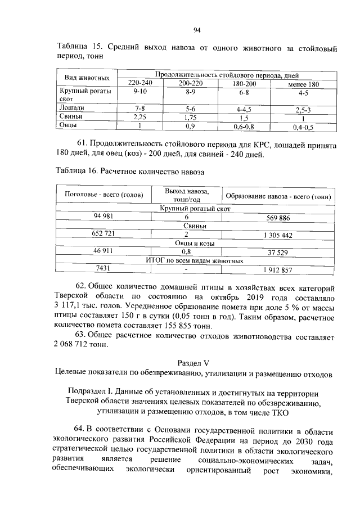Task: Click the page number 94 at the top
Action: tap(197, 30)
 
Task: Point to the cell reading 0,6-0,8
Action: tap(244, 127)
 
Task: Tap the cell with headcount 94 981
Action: tap(104, 217)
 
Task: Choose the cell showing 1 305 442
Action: tap(277, 235)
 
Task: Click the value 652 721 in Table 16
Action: tap(104, 233)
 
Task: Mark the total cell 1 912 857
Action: tap(277, 270)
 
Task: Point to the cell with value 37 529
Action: tap(277, 253)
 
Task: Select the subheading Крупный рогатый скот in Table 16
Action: tap(195, 209)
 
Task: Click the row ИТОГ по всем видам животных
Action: tap(195, 261)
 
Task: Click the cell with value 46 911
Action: tap(104, 251)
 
